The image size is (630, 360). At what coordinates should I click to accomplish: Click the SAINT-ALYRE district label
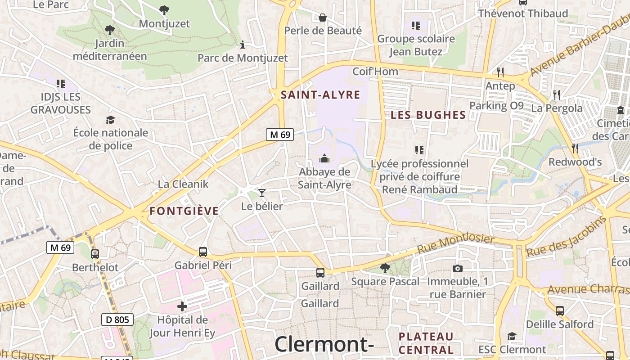(x=320, y=95)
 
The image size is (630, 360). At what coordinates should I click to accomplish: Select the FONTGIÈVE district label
(x=184, y=211)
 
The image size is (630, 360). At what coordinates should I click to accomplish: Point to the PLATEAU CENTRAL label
(x=426, y=343)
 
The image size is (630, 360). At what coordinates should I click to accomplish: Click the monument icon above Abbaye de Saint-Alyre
(x=324, y=158)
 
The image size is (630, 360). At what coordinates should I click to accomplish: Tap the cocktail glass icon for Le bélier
(x=262, y=193)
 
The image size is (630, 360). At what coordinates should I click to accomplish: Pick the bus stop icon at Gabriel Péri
(x=203, y=252)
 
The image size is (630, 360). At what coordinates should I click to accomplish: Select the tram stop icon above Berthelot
(x=94, y=254)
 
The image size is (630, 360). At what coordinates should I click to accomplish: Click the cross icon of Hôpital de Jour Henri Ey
(x=182, y=307)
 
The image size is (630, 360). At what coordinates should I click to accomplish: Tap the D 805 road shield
(x=117, y=320)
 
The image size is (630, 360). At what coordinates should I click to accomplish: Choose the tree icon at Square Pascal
(x=385, y=268)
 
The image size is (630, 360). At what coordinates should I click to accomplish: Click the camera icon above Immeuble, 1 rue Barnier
(x=457, y=269)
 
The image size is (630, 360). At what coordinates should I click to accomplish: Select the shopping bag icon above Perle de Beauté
(x=323, y=18)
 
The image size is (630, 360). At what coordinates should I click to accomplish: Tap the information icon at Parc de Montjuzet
(x=243, y=45)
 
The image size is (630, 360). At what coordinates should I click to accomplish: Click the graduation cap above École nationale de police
(x=110, y=120)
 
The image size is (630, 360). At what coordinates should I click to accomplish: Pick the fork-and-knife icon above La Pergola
(x=557, y=94)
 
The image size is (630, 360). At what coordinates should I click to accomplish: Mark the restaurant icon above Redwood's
(x=575, y=148)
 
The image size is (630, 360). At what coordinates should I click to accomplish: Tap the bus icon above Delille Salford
(x=560, y=310)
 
